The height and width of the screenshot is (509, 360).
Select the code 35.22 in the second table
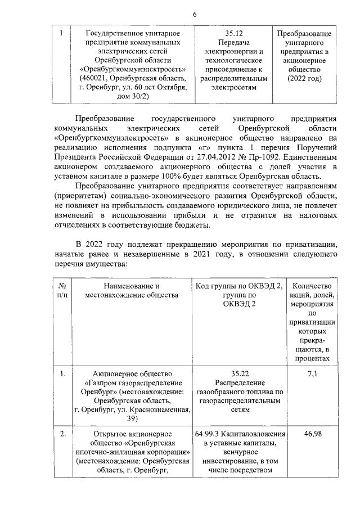(240, 373)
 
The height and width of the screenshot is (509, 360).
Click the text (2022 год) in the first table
(304, 79)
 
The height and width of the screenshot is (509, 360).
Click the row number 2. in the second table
(63, 434)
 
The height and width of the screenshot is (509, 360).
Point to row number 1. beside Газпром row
(63, 373)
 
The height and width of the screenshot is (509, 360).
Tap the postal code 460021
(97, 78)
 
